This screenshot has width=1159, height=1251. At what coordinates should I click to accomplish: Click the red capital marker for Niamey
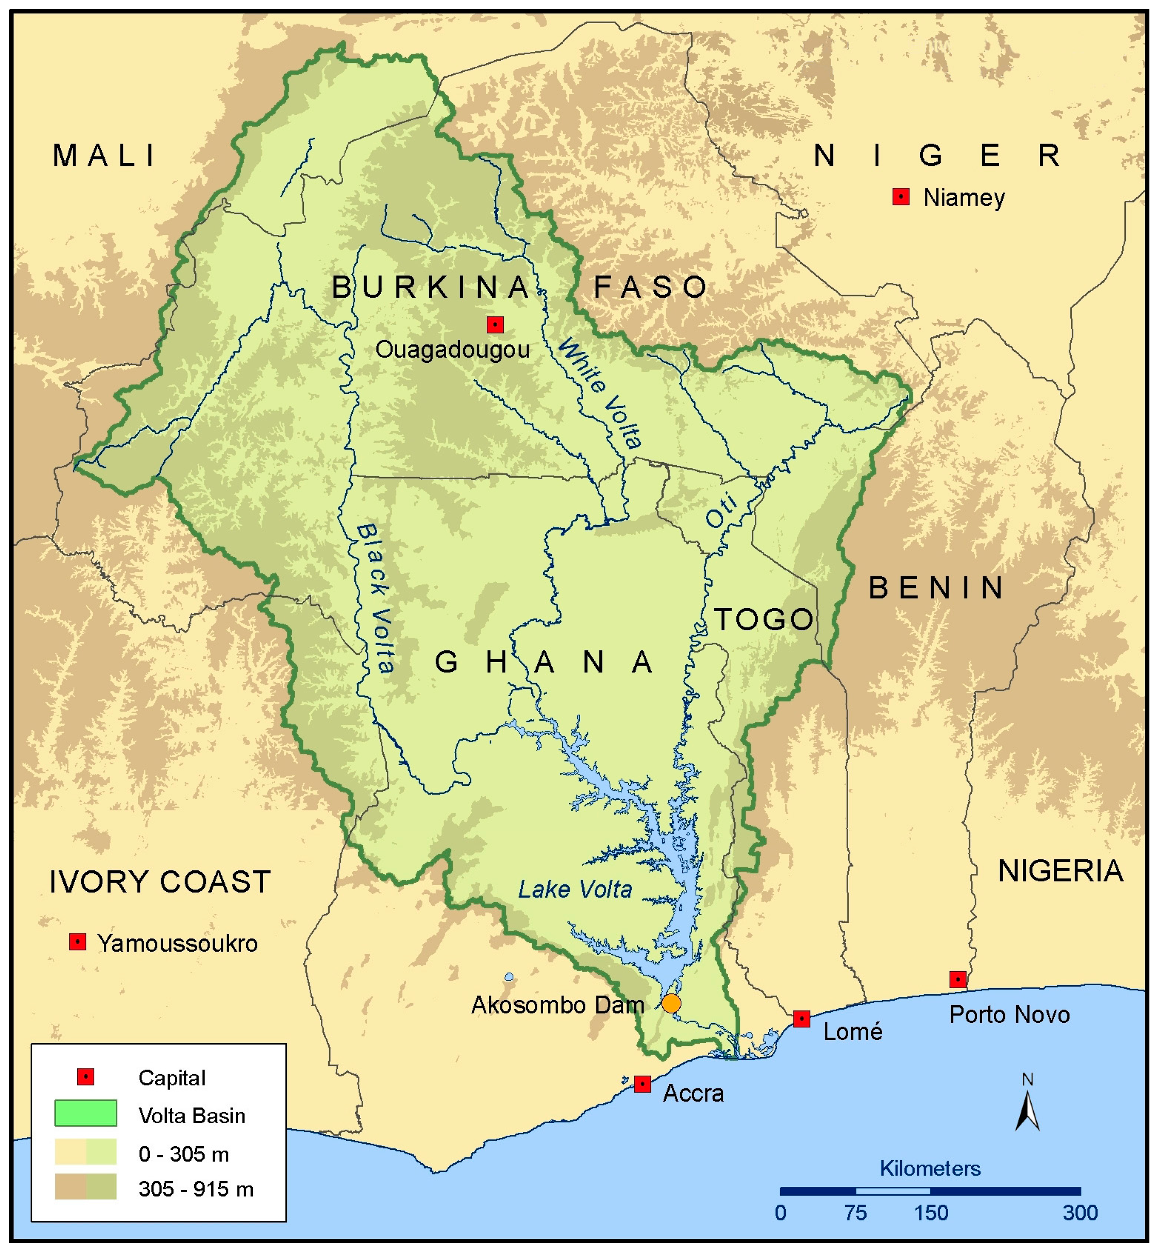(901, 197)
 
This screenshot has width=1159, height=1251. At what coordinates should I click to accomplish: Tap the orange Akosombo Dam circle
(671, 1003)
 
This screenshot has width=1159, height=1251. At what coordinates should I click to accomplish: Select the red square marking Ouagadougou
(495, 324)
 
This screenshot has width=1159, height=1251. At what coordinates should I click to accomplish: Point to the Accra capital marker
(642, 1083)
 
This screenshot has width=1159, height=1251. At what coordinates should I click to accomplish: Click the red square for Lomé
(801, 1018)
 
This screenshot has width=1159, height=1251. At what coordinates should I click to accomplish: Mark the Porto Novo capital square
(957, 979)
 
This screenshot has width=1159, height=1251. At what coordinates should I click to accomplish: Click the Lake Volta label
(574, 889)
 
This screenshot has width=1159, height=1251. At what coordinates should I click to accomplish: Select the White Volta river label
(599, 393)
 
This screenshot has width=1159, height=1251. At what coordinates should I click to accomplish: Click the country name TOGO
(764, 619)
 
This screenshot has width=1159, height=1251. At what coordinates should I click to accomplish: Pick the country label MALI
(104, 155)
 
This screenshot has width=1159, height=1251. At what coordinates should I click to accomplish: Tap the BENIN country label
(936, 588)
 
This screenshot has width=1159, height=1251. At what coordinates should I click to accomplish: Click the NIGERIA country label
(1060, 870)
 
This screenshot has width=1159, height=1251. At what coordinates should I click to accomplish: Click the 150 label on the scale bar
(931, 1213)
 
